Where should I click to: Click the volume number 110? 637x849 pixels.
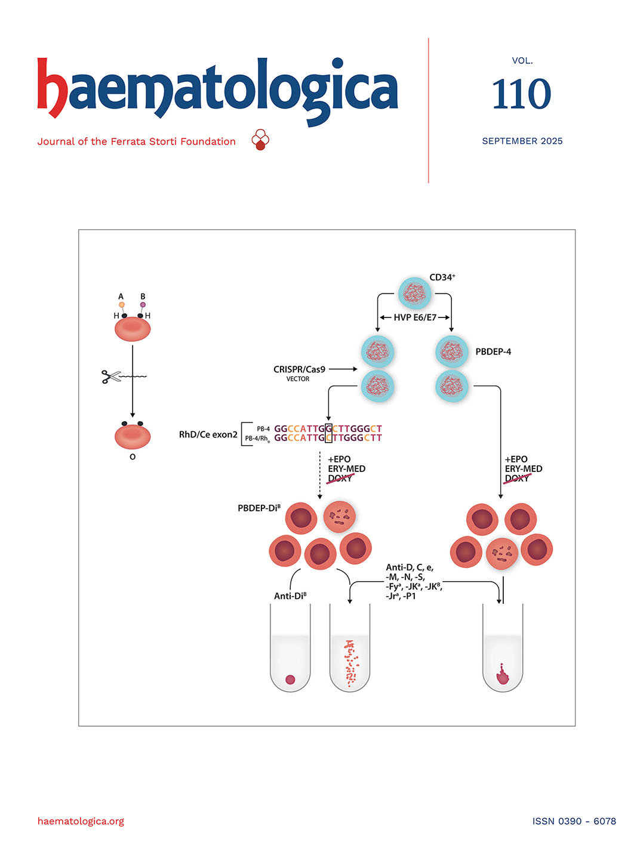click(521, 94)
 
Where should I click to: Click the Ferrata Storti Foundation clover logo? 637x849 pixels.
click(260, 140)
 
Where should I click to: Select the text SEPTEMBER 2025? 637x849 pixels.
click(522, 141)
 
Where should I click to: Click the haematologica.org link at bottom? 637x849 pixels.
click(81, 821)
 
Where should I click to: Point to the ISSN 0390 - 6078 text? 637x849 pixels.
click(574, 821)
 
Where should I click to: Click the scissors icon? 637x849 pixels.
click(110, 376)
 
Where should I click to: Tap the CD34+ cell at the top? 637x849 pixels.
click(414, 294)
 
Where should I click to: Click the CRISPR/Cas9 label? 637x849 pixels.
click(299, 370)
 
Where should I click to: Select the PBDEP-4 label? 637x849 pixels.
click(493, 352)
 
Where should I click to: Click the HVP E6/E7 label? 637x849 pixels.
click(415, 317)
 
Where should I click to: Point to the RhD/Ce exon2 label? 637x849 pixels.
click(208, 435)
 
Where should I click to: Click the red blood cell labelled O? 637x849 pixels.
click(133, 436)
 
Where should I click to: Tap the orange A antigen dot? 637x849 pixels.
click(122, 305)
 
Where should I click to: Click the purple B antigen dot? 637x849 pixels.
click(143, 305)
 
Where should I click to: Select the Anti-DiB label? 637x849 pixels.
click(290, 596)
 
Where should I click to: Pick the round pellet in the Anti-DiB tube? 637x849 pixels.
click(291, 679)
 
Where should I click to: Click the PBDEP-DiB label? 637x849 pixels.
click(259, 508)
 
